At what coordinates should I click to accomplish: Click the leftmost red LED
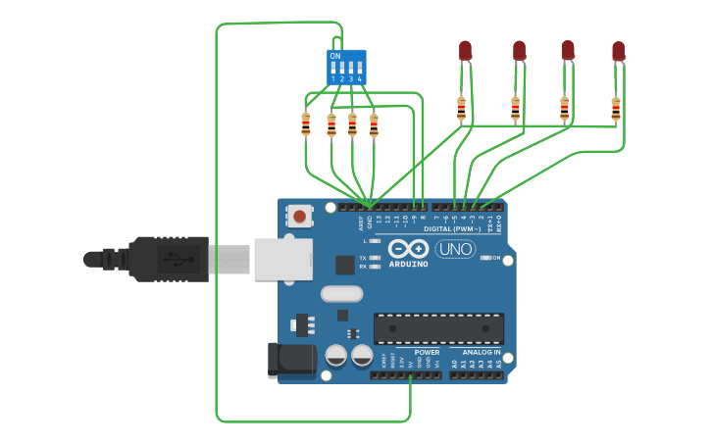(465, 50)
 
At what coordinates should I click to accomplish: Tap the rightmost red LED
(618, 51)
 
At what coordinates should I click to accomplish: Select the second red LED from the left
(519, 50)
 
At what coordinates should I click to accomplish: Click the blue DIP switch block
(346, 67)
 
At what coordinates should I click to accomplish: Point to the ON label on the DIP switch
(335, 57)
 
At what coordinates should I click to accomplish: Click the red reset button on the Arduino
(299, 215)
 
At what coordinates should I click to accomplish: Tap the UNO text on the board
(455, 249)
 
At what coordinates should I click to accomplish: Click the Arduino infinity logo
(408, 248)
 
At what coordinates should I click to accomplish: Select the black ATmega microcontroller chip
(438, 328)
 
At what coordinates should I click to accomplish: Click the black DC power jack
(290, 359)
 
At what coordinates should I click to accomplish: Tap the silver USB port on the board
(283, 260)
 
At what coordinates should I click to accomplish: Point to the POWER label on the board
(427, 352)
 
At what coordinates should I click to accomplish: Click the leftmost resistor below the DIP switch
(306, 124)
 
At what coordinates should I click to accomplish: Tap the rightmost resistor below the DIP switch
(374, 124)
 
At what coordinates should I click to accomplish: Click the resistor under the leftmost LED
(461, 109)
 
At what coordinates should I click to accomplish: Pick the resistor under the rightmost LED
(616, 109)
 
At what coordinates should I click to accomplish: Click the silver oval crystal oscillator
(341, 293)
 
